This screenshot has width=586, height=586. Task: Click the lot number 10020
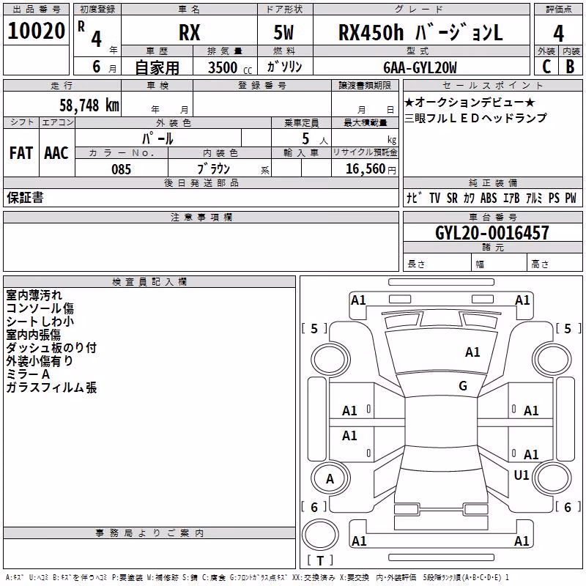tap(36, 31)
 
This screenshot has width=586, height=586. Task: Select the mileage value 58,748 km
tap(89, 105)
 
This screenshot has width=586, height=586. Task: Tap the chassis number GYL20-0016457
tap(492, 233)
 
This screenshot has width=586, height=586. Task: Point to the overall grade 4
tap(558, 33)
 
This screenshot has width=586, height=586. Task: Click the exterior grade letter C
tap(546, 67)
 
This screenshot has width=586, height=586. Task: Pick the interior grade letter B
tap(570, 67)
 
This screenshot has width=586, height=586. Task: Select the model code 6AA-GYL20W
tap(420, 67)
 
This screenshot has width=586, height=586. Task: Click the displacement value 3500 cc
tap(230, 67)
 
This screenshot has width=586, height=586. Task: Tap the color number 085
tap(121, 169)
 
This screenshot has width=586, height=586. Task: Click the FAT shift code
tap(21, 153)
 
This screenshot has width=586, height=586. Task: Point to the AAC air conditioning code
tap(56, 153)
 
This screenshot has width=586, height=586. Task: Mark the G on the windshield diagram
tap(463, 385)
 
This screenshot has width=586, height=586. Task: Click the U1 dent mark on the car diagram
tap(522, 475)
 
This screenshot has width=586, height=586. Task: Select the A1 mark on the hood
tap(472, 352)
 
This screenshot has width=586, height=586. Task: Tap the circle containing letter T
tap(320, 535)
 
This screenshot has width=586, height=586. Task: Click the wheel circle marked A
tap(330, 478)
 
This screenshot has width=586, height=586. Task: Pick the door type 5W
tap(283, 32)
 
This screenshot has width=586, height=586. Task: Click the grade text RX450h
tap(371, 32)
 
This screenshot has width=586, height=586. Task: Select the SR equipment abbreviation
tap(452, 198)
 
